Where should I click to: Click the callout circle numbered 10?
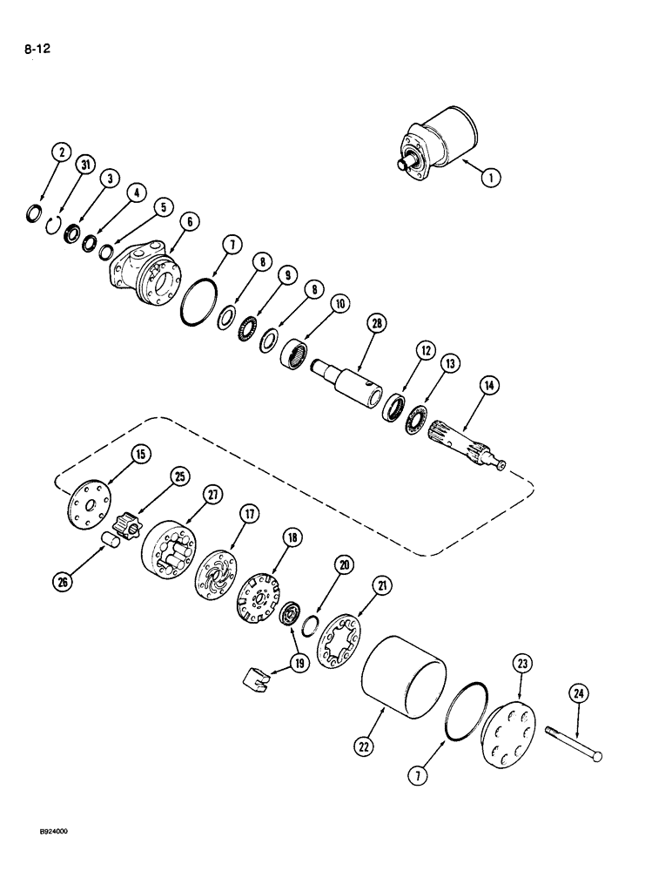[337, 304]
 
